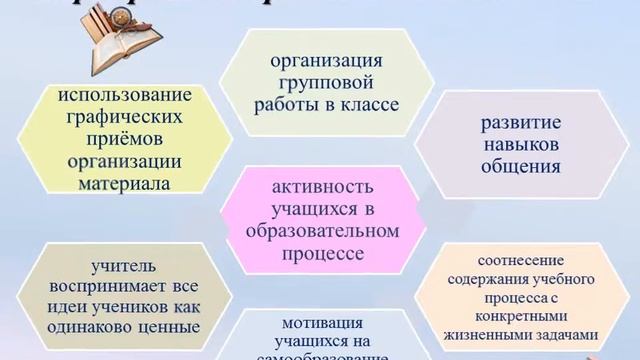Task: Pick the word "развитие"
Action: pos(520,124)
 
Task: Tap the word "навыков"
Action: pos(520,145)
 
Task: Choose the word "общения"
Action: pos(520,167)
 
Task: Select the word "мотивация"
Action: pos(319,322)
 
